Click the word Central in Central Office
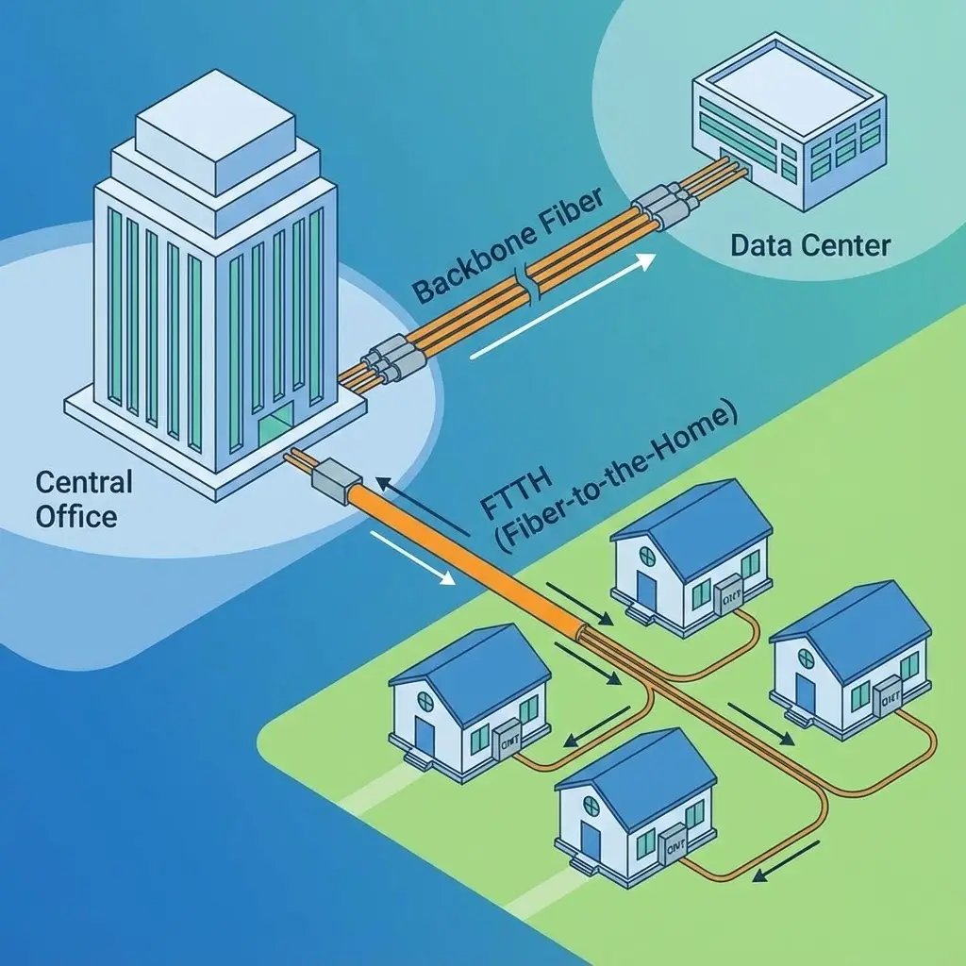point(84,483)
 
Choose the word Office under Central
point(76,516)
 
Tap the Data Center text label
point(810,246)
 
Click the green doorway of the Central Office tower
point(275,428)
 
